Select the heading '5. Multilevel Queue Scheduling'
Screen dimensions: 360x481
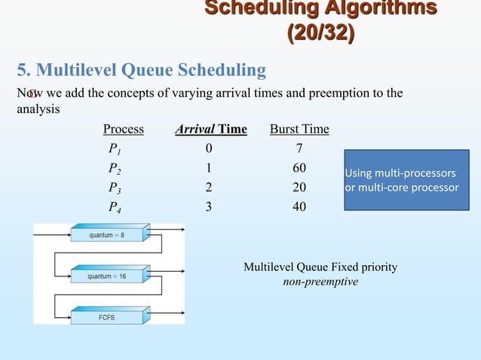[x=142, y=71]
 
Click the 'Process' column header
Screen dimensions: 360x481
[x=123, y=129]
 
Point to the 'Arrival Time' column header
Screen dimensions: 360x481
[x=210, y=129]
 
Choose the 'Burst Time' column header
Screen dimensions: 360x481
[x=299, y=129]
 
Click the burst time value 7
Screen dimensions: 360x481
[x=299, y=148]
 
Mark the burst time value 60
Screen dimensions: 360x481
[x=299, y=167]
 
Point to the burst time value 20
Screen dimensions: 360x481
[x=299, y=187]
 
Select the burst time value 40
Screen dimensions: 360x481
[x=299, y=206]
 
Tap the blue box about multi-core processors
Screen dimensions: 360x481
[x=406, y=180]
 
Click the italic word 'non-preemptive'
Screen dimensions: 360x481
[x=320, y=282]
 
